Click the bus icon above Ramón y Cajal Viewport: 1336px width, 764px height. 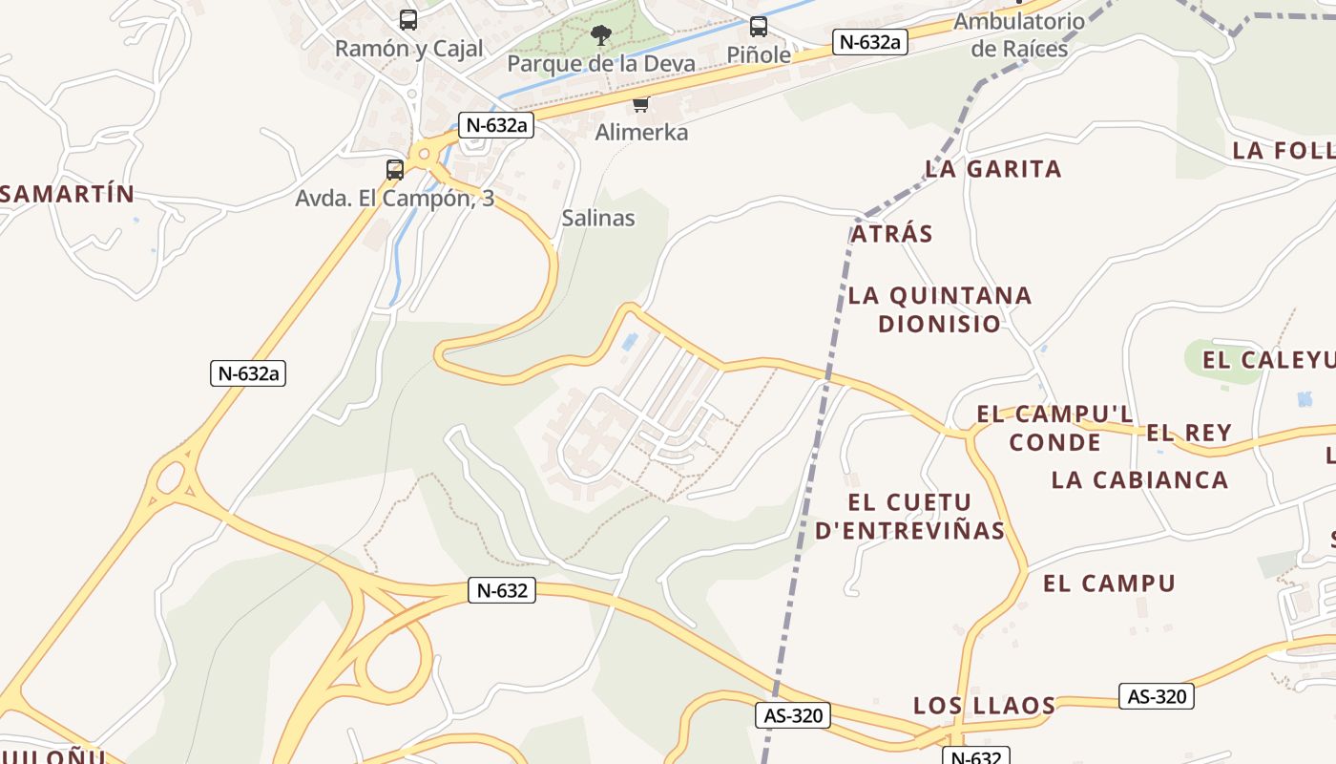click(x=408, y=19)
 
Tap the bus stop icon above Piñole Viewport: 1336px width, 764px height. click(x=759, y=27)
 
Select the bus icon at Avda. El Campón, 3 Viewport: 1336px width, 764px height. click(x=395, y=170)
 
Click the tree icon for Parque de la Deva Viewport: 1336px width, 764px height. click(x=600, y=36)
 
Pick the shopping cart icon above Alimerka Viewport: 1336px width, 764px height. click(x=641, y=104)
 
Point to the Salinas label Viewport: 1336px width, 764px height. click(x=598, y=218)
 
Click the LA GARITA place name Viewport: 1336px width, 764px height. click(x=992, y=169)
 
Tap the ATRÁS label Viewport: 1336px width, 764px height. click(x=891, y=234)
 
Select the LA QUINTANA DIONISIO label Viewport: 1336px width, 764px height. click(x=940, y=309)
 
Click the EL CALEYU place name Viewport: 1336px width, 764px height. click(x=1267, y=360)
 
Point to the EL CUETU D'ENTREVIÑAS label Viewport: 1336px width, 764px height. click(x=909, y=516)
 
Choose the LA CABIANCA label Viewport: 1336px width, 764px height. click(x=1139, y=479)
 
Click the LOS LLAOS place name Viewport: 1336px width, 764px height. click(x=984, y=706)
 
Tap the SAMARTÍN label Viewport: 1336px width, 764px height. click(x=67, y=194)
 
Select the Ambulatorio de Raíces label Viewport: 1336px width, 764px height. click(x=1019, y=34)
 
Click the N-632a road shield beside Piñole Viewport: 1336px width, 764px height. click(x=868, y=42)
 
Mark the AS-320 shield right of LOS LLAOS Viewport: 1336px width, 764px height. click(x=1156, y=696)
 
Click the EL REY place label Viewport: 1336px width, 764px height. click(x=1189, y=433)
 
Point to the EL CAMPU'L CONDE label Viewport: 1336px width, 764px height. click(x=1054, y=428)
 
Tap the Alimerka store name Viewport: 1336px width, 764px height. click(x=641, y=132)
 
